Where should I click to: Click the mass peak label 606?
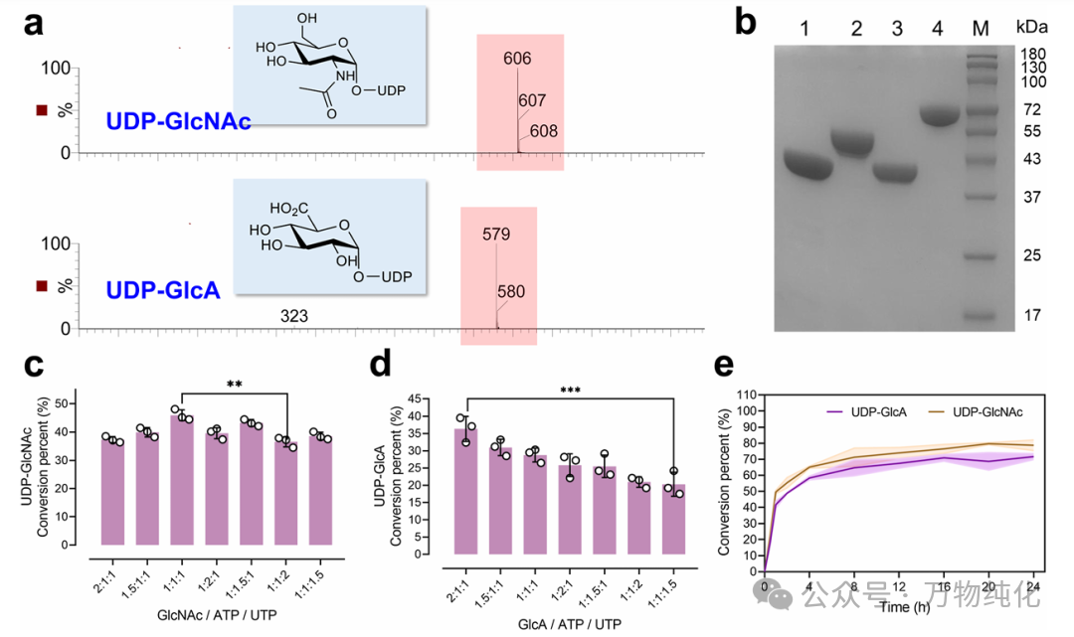(x=517, y=59)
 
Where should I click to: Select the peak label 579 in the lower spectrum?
(x=496, y=235)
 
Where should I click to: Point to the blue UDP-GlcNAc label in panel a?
(x=178, y=122)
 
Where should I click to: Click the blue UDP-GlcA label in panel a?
(x=164, y=289)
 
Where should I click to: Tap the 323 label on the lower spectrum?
(x=295, y=316)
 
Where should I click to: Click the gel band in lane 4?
(x=944, y=115)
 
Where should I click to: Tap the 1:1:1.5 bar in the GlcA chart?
(x=674, y=519)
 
